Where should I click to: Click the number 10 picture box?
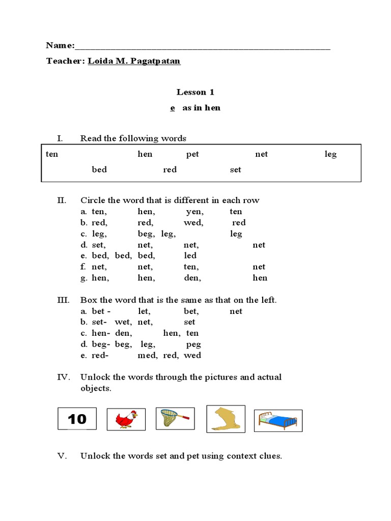coord(77,419)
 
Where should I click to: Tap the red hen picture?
coord(126,420)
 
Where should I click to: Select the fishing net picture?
coord(175,418)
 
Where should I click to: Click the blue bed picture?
coord(277,421)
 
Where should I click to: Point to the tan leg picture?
coord(226,419)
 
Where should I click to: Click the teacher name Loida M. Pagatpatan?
coord(134,61)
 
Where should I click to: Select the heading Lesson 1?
coord(195,92)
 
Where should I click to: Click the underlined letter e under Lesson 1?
coord(173,108)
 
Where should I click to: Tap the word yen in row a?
coord(194,212)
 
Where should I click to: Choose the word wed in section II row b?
coord(193,222)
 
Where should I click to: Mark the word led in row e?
coord(190,255)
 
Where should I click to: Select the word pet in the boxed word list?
coord(192,154)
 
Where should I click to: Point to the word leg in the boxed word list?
coord(330,154)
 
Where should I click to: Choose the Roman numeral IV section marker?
coord(62,377)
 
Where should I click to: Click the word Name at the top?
coord(59,45)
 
